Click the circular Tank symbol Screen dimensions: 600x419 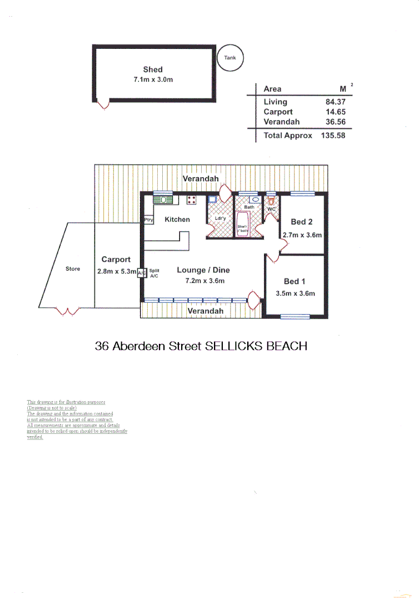pyautogui.click(x=230, y=58)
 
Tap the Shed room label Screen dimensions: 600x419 pyautogui.click(x=153, y=69)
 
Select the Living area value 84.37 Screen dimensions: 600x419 pyautogui.click(x=335, y=102)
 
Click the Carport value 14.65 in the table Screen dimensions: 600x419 pyautogui.click(x=335, y=112)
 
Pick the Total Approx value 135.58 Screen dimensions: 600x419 pyautogui.click(x=333, y=135)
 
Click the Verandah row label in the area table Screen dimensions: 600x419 pyautogui.click(x=282, y=122)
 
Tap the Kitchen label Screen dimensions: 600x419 pyautogui.click(x=177, y=219)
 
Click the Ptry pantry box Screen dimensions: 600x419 pyautogui.click(x=148, y=220)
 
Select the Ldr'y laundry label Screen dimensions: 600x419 pyautogui.click(x=221, y=218)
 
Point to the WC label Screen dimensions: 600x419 pyautogui.click(x=271, y=209)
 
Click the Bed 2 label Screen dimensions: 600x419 pyautogui.click(x=302, y=222)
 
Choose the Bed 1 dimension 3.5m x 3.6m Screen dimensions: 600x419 pyautogui.click(x=295, y=293)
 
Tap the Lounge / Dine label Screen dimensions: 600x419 pyautogui.click(x=203, y=271)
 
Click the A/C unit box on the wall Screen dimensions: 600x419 pyautogui.click(x=141, y=273)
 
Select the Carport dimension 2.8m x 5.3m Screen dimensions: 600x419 pyautogui.click(x=116, y=272)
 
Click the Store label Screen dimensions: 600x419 pyautogui.click(x=73, y=269)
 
